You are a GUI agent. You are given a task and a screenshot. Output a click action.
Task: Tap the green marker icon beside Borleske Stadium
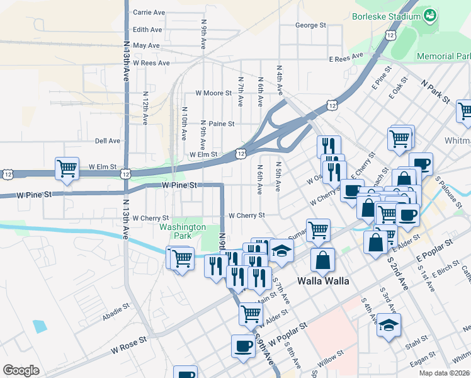point(431,14)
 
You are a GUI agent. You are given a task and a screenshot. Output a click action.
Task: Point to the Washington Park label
point(183,231)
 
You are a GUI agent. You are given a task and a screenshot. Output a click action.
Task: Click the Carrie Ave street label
point(148,12)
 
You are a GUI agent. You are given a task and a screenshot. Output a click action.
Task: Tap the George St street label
point(311,26)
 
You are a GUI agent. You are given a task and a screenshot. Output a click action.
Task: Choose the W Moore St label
point(213,93)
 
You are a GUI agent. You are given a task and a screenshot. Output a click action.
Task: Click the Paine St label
point(222,124)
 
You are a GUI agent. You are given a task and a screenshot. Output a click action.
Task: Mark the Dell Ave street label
point(107,141)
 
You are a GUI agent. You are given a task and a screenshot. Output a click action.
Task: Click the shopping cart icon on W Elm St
point(67,168)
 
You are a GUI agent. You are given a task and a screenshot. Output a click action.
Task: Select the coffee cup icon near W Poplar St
point(243,345)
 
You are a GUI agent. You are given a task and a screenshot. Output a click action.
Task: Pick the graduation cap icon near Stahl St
point(389,325)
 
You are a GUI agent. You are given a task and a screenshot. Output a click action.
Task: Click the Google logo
point(21,370)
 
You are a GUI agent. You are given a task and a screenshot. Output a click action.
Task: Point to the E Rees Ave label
point(346,58)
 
